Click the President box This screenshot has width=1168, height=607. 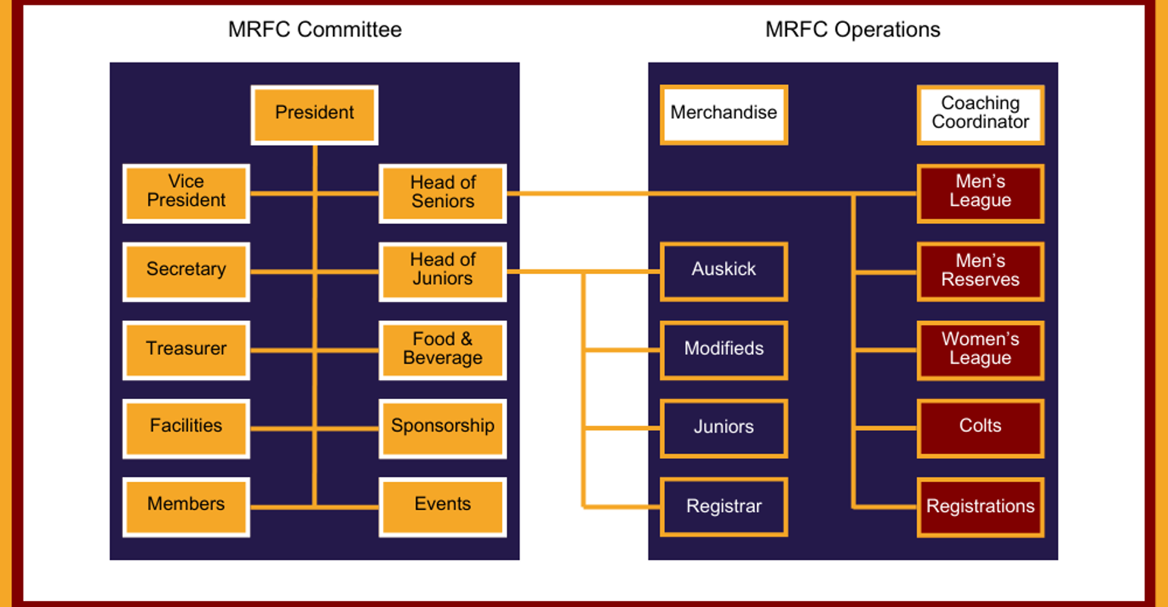point(314,115)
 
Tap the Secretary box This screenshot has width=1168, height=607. point(186,272)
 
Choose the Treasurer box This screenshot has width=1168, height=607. point(186,350)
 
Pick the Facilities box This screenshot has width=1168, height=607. point(186,428)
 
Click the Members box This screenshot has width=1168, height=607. point(186,506)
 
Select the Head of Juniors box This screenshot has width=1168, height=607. point(442,272)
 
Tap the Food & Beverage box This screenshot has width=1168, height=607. point(442,350)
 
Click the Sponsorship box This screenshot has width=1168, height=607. point(442,428)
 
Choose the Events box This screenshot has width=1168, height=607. point(442,506)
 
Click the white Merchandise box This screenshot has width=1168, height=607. point(724,115)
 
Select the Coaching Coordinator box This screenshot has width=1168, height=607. point(980,115)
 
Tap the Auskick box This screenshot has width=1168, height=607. point(724,272)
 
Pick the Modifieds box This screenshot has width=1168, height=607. point(724,350)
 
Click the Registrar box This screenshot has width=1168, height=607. point(724,506)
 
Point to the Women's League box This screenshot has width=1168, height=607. point(980,350)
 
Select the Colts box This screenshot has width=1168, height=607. point(980,428)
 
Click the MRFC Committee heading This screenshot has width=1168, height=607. point(315,30)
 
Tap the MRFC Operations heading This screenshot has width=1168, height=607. point(852,30)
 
